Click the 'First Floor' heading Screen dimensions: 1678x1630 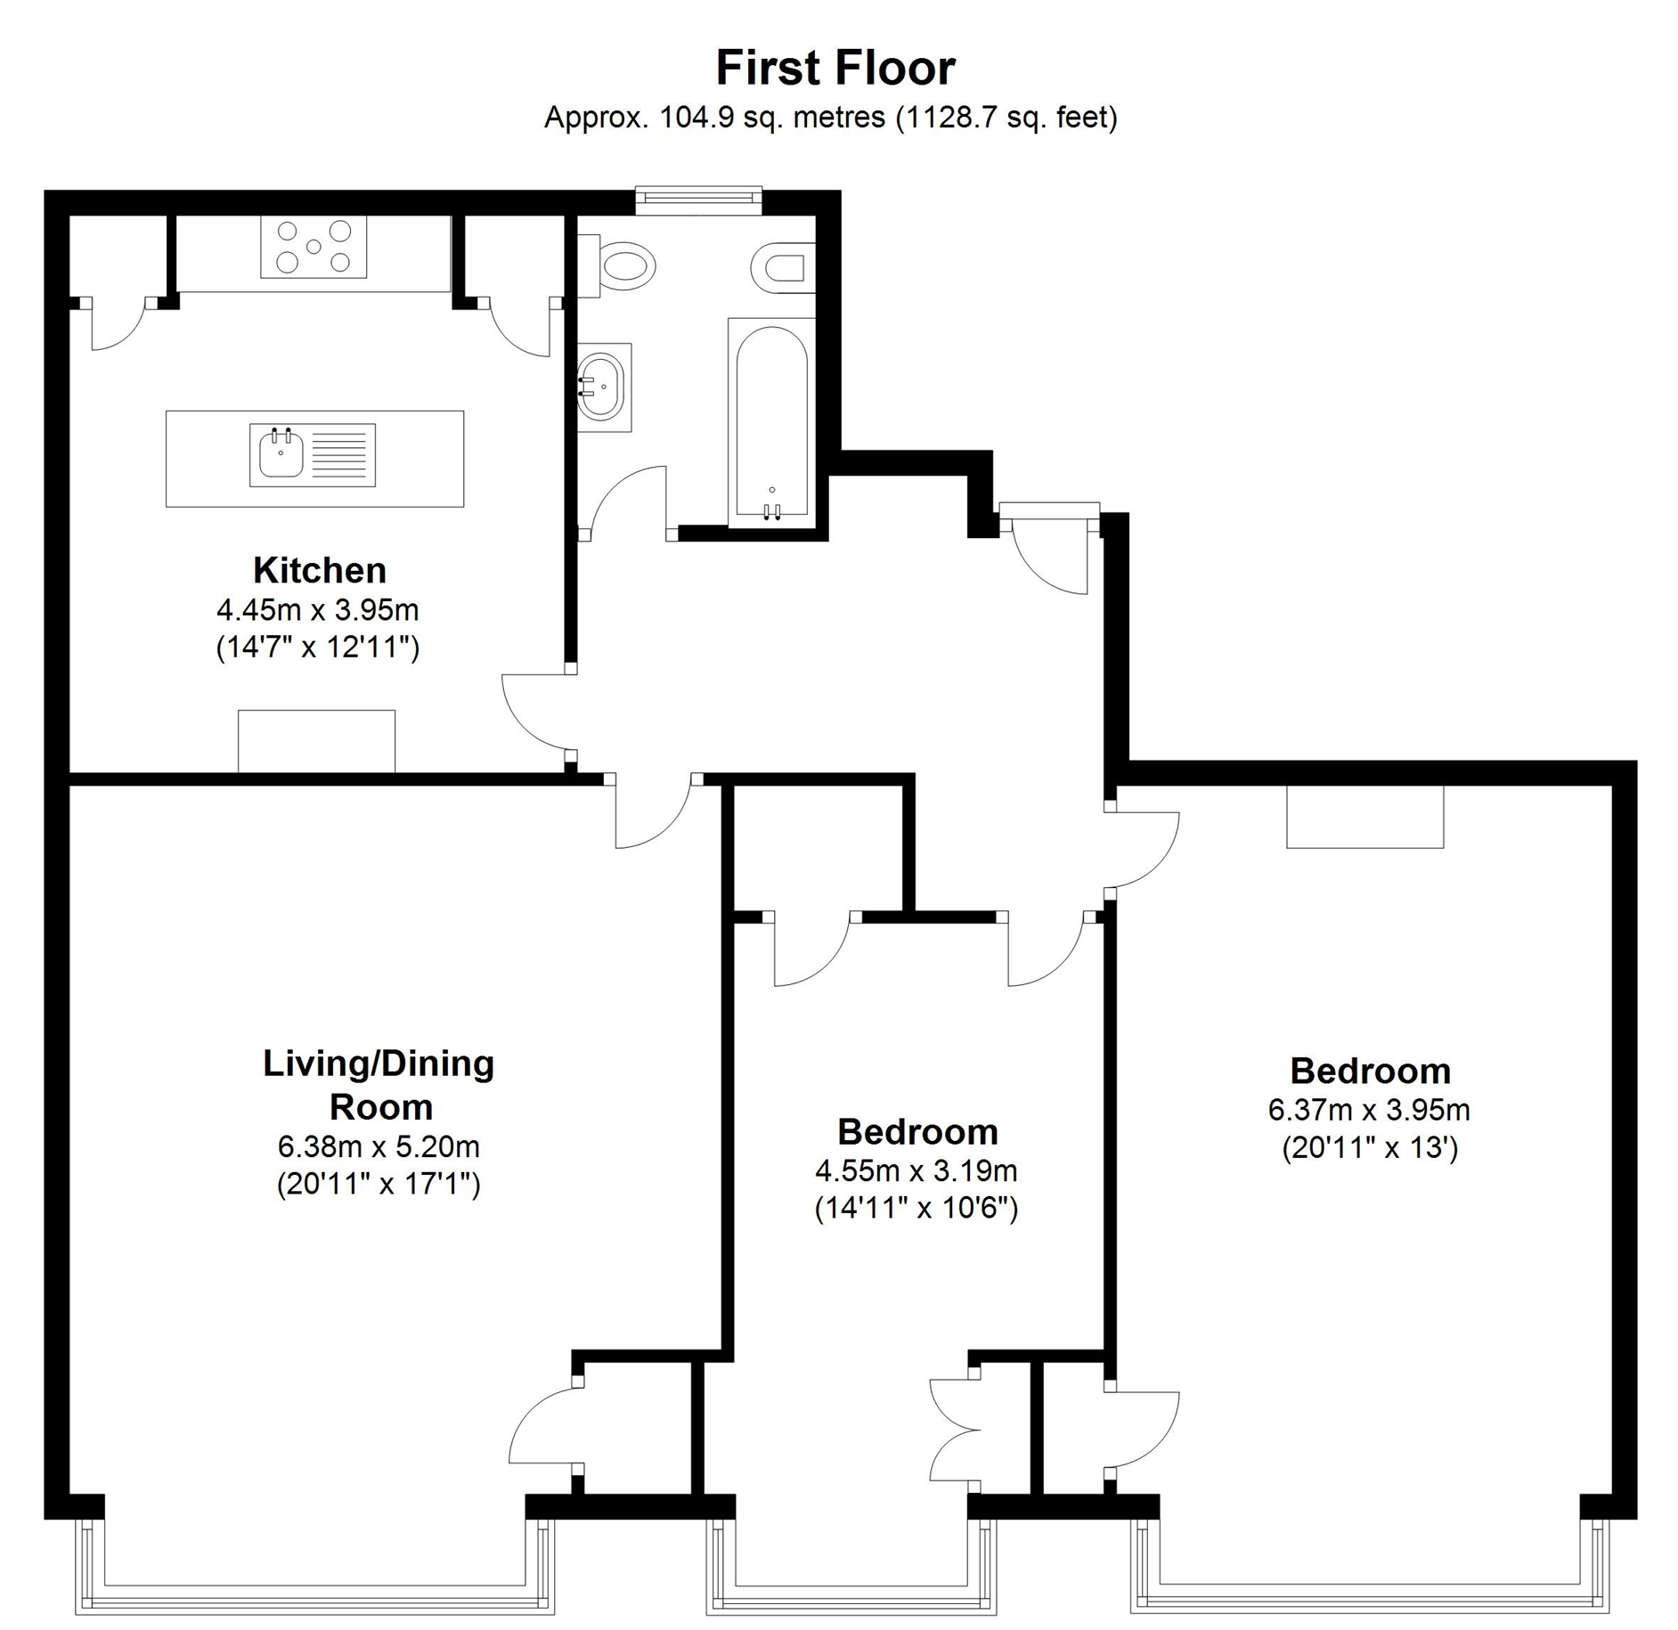pos(835,68)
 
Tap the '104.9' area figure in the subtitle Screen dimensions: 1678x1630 pos(695,118)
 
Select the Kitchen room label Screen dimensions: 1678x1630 pos(320,570)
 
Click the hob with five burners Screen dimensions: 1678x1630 pos(314,248)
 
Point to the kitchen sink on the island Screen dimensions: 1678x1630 pos(313,455)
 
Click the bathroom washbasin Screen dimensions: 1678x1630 pos(604,387)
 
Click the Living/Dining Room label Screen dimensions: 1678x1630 pos(379,1085)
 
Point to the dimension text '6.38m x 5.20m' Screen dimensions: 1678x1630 pos(379,1145)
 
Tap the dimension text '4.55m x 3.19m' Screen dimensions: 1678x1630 pos(916,1170)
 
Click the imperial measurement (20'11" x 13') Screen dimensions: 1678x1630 pos(1370,1147)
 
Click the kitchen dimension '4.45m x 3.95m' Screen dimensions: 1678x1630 pos(318,610)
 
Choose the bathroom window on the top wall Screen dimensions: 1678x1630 pos(698,200)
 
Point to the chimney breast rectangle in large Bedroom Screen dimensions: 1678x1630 pos(1365,817)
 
